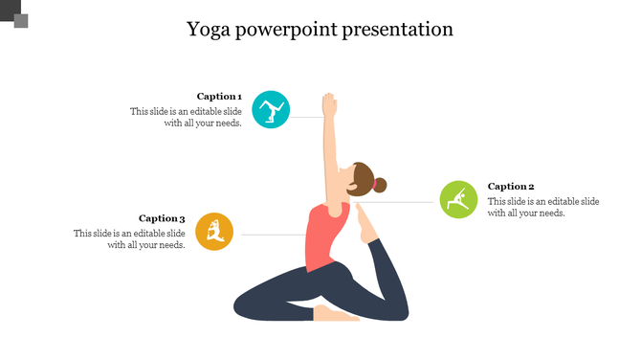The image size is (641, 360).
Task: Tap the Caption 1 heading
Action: [x=219, y=96]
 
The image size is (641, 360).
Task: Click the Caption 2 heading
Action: [x=511, y=187]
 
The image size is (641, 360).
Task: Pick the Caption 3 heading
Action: [x=162, y=218]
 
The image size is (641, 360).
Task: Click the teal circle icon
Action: [x=272, y=111]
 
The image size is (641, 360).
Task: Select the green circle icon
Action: [x=458, y=198]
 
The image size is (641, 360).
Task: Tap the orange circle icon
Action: [x=214, y=232]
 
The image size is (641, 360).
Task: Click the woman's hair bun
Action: [x=381, y=185]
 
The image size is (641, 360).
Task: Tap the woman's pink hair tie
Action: [x=373, y=183]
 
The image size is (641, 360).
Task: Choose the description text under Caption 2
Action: [x=542, y=207]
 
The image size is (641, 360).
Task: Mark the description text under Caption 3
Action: [x=129, y=239]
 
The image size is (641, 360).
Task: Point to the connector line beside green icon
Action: [x=402, y=202]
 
